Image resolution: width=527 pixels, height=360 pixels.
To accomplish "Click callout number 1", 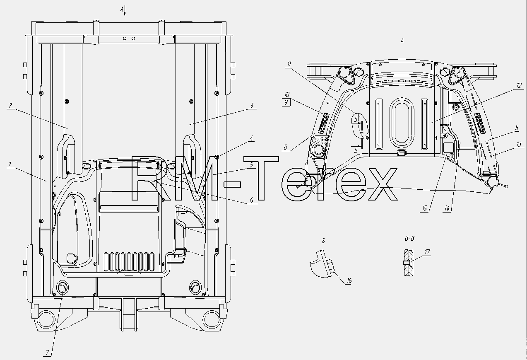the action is coord(10,164).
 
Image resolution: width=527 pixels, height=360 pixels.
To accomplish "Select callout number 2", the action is coord(10,106).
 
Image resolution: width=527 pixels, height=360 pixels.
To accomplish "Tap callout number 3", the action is coord(252,105).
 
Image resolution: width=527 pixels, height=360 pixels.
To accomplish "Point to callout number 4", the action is coord(252,138).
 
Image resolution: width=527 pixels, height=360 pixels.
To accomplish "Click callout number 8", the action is coord(285,147).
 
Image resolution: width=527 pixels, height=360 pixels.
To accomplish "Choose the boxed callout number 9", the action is coord(286,102).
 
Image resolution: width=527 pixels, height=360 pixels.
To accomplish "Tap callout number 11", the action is coord(289,64).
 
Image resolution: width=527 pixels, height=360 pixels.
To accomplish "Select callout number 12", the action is coord(519,85).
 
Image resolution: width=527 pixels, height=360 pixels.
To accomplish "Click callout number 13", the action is coord(519,144).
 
